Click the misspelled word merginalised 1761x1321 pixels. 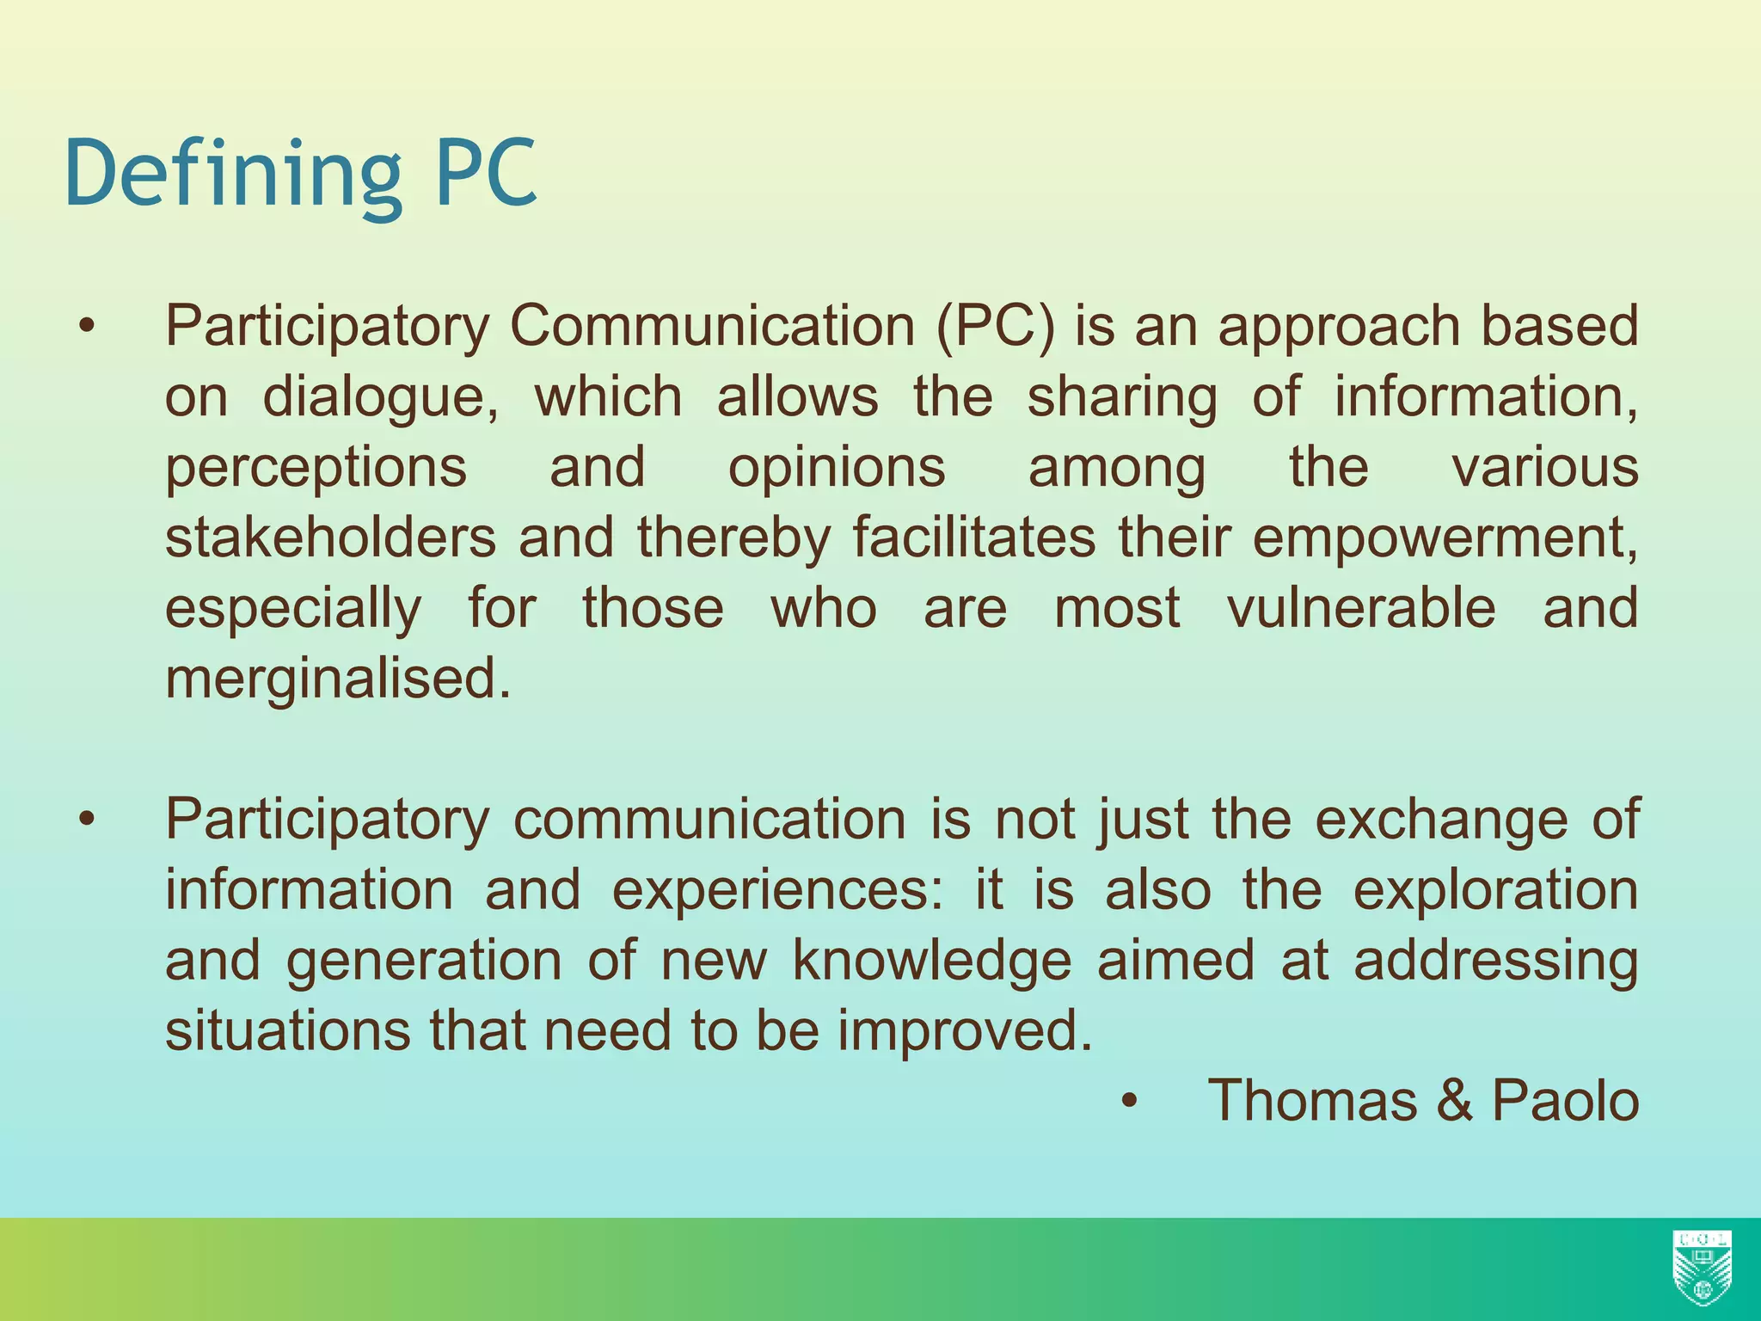point(338,679)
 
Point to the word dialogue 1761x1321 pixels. point(379,398)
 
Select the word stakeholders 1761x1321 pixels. point(330,538)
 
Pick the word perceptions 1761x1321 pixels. point(316,469)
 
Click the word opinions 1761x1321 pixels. point(837,469)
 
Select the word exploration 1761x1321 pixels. point(1495,890)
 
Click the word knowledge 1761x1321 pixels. point(931,961)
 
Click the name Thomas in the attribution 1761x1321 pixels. point(1313,1101)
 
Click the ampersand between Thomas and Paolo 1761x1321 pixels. point(1454,1101)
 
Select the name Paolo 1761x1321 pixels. point(1565,1101)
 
